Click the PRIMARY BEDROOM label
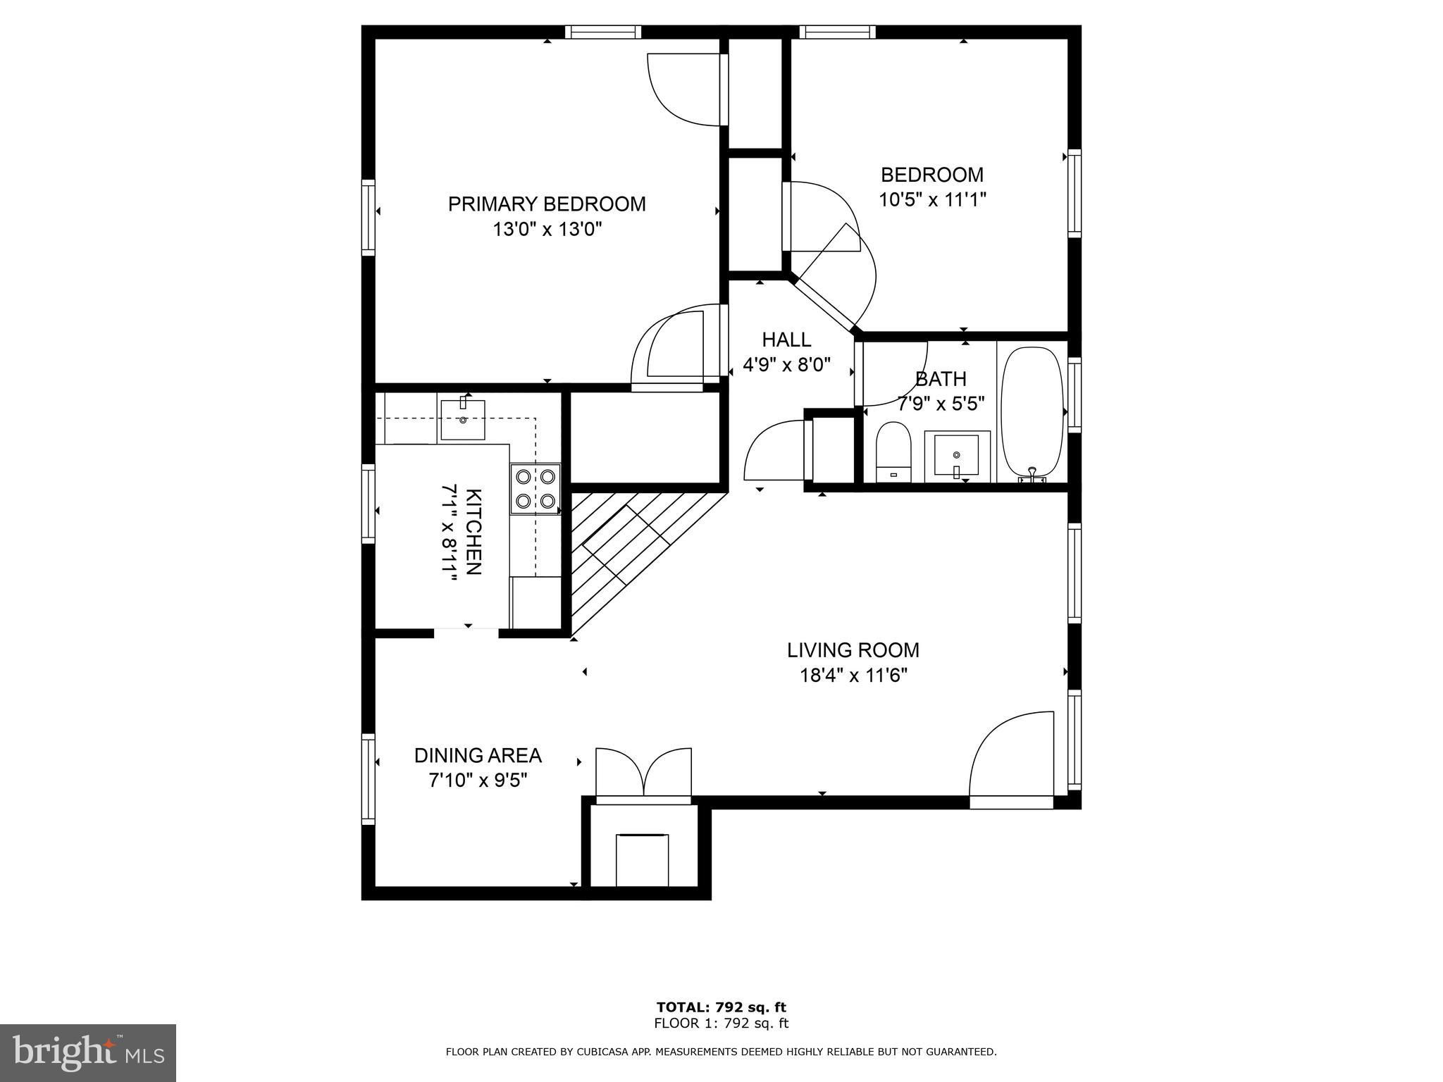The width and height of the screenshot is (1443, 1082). [x=547, y=204]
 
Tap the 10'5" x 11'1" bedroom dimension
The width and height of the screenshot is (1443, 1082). [x=932, y=200]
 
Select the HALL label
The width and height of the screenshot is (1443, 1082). [x=786, y=340]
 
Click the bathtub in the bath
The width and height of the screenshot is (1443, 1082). [x=1032, y=414]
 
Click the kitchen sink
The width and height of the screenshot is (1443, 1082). [x=463, y=418]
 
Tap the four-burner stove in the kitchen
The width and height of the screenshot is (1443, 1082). [x=535, y=489]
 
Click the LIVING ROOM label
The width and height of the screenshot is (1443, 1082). [x=853, y=650]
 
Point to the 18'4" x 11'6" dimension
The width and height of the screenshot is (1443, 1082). [x=853, y=676]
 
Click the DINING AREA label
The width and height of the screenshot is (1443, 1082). [x=478, y=756]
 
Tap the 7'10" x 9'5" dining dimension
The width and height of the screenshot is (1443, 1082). [x=478, y=781]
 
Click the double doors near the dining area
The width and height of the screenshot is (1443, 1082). [x=643, y=776]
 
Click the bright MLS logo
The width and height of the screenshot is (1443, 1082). [x=88, y=1053]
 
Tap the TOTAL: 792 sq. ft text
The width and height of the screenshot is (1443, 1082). [x=721, y=1007]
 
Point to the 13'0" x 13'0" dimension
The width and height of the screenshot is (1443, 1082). [x=547, y=230]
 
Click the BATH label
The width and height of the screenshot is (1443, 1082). [x=940, y=379]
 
